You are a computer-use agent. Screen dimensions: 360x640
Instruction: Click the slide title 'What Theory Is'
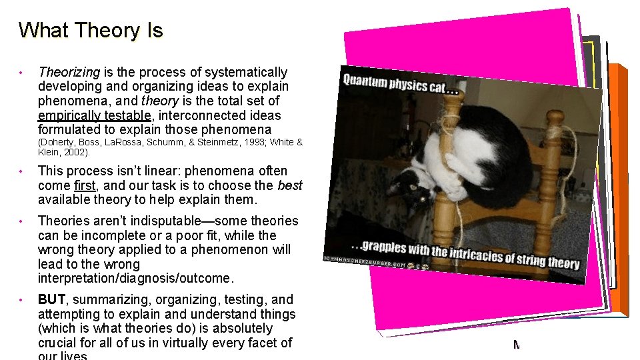pos(91,31)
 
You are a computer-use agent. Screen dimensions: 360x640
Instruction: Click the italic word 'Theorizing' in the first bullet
pos(69,72)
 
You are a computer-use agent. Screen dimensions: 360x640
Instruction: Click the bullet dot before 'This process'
pos(21,171)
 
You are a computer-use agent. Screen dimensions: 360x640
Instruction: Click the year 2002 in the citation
pos(76,152)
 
